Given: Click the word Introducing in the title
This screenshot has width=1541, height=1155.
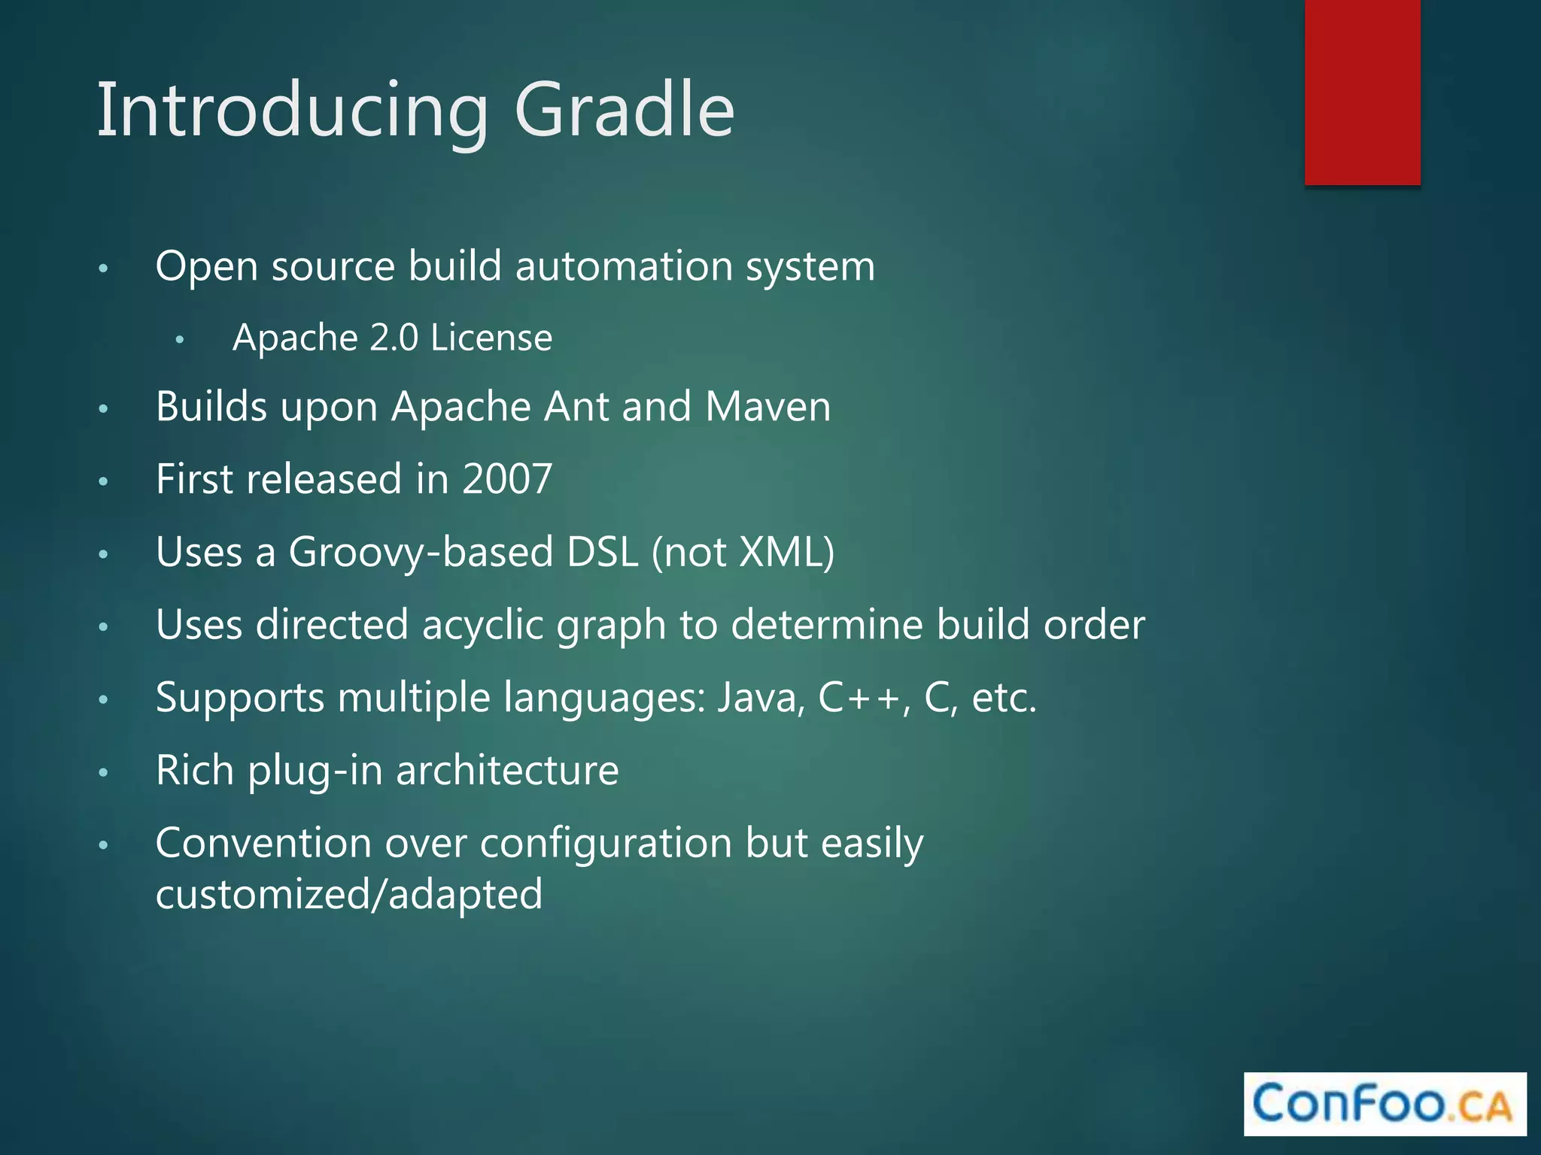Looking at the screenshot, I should point(293,111).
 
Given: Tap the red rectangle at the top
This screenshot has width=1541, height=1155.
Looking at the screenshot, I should point(1362,92).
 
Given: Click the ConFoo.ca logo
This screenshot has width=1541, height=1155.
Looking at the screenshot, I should point(1384,1103).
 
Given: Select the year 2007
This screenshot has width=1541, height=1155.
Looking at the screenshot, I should point(507,479).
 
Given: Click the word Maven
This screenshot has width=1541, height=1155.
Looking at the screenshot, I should point(767,407).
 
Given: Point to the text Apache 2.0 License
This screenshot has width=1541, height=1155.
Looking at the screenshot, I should point(392,338).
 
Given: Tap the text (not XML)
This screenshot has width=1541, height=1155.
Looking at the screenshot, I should point(743,552).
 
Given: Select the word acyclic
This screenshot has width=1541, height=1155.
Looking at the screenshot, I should point(482,625).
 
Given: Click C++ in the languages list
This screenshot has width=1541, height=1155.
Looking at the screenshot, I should point(859,697).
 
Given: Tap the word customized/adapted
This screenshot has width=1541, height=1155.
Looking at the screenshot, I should point(348,895).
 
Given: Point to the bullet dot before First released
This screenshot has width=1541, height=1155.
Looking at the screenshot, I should point(104,481).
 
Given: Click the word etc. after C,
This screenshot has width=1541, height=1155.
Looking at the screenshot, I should point(1004,697).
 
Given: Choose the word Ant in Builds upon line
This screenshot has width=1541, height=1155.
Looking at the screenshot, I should point(576,407).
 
